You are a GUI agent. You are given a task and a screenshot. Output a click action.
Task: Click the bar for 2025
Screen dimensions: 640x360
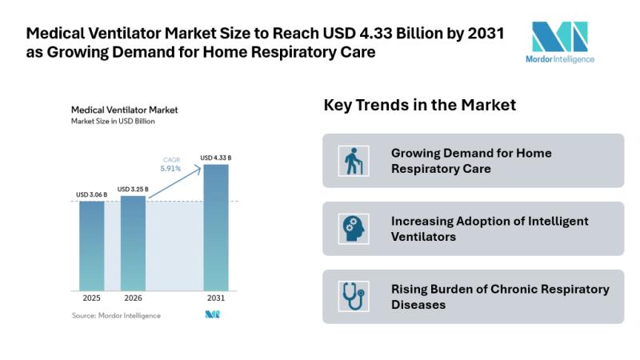pyautogui.click(x=91, y=246)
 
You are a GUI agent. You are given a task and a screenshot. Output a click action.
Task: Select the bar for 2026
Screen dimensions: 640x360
pyautogui.click(x=133, y=243)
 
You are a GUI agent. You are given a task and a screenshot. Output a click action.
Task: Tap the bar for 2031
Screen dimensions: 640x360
pyautogui.click(x=216, y=227)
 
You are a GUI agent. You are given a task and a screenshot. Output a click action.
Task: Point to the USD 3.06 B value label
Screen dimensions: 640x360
pyautogui.click(x=91, y=194)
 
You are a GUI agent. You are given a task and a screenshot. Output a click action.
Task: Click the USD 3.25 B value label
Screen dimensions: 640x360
pyautogui.click(x=133, y=190)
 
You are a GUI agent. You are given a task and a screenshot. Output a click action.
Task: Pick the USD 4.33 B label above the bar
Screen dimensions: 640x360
pyautogui.click(x=216, y=158)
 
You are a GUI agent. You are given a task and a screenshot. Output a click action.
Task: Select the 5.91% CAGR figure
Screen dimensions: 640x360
pyautogui.click(x=170, y=169)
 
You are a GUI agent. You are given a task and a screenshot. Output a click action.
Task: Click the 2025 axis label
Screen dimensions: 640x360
pyautogui.click(x=91, y=298)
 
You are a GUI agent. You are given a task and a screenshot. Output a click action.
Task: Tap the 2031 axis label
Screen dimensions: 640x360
pyautogui.click(x=216, y=298)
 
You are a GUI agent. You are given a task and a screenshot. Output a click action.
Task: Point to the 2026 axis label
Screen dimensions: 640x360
pyautogui.click(x=133, y=298)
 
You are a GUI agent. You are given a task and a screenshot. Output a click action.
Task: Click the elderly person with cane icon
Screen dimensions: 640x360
pyautogui.click(x=354, y=161)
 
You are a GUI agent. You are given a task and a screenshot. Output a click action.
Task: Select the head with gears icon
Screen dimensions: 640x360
pyautogui.click(x=354, y=229)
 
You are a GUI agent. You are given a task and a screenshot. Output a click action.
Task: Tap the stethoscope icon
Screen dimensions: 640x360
pyautogui.click(x=354, y=296)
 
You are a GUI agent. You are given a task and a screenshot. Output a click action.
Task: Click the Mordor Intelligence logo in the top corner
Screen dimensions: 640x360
pyautogui.click(x=560, y=42)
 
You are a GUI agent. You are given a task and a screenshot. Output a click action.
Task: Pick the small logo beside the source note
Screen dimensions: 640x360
pyautogui.click(x=212, y=314)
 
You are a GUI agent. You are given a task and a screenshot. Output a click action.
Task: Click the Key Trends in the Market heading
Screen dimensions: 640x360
pyautogui.click(x=419, y=105)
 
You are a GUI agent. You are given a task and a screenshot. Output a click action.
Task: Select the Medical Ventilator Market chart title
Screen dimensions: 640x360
pyautogui.click(x=125, y=110)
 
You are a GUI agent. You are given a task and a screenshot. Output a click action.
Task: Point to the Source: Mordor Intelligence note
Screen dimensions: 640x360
pyautogui.click(x=116, y=315)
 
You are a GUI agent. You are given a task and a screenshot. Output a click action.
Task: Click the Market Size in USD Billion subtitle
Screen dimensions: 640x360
pyautogui.click(x=113, y=122)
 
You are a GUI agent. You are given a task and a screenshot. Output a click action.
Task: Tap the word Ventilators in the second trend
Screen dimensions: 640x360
pyautogui.click(x=423, y=237)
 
